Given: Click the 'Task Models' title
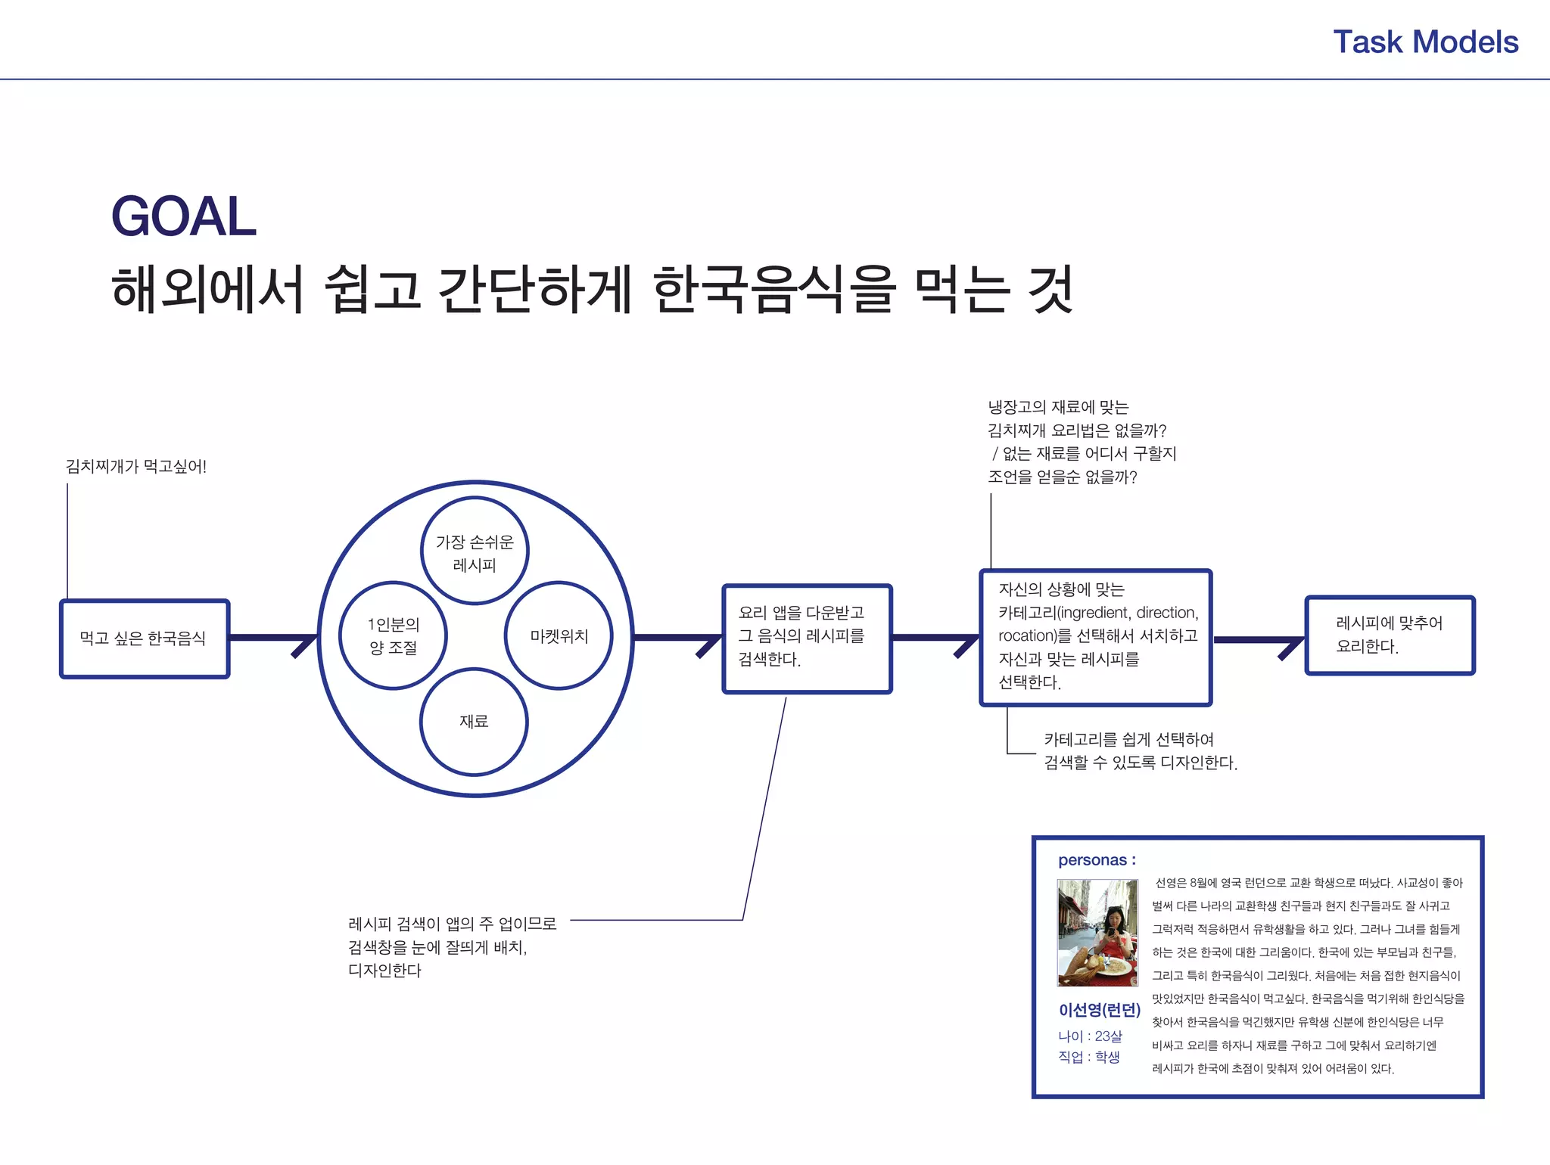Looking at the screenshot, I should click(1425, 42).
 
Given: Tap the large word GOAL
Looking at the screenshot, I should click(184, 217).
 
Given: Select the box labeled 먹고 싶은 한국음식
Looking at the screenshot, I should click(145, 638).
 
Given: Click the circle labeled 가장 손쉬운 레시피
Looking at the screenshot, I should click(475, 551).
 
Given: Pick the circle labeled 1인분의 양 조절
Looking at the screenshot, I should click(393, 635).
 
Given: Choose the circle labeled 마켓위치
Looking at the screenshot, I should click(559, 635).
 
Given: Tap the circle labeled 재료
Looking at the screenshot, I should click(474, 722).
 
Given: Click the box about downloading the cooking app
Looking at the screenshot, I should click(807, 638).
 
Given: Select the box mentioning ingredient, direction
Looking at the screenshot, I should click(1096, 638).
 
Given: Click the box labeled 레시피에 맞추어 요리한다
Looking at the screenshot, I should click(1390, 635).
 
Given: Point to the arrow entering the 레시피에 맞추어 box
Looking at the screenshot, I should click(1259, 641).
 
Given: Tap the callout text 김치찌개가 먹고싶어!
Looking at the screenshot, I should click(136, 467).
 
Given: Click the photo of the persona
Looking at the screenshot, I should click(1097, 933).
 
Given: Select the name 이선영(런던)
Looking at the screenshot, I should click(1099, 1011).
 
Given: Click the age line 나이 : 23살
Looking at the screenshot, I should click(1090, 1036).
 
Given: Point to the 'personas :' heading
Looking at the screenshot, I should click(1097, 860).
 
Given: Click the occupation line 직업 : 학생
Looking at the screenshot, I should click(1088, 1057).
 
